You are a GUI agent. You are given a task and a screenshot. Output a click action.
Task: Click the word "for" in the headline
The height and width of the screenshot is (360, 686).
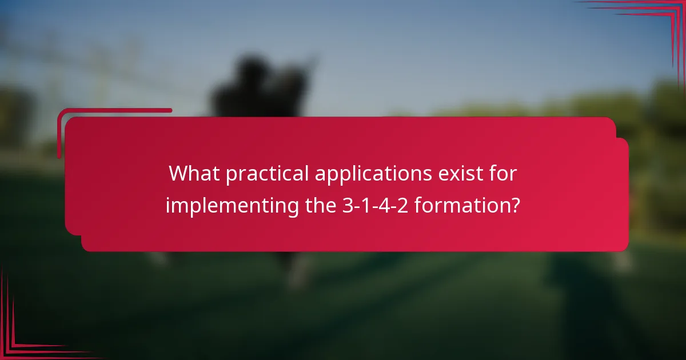pyautogui.click(x=504, y=174)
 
